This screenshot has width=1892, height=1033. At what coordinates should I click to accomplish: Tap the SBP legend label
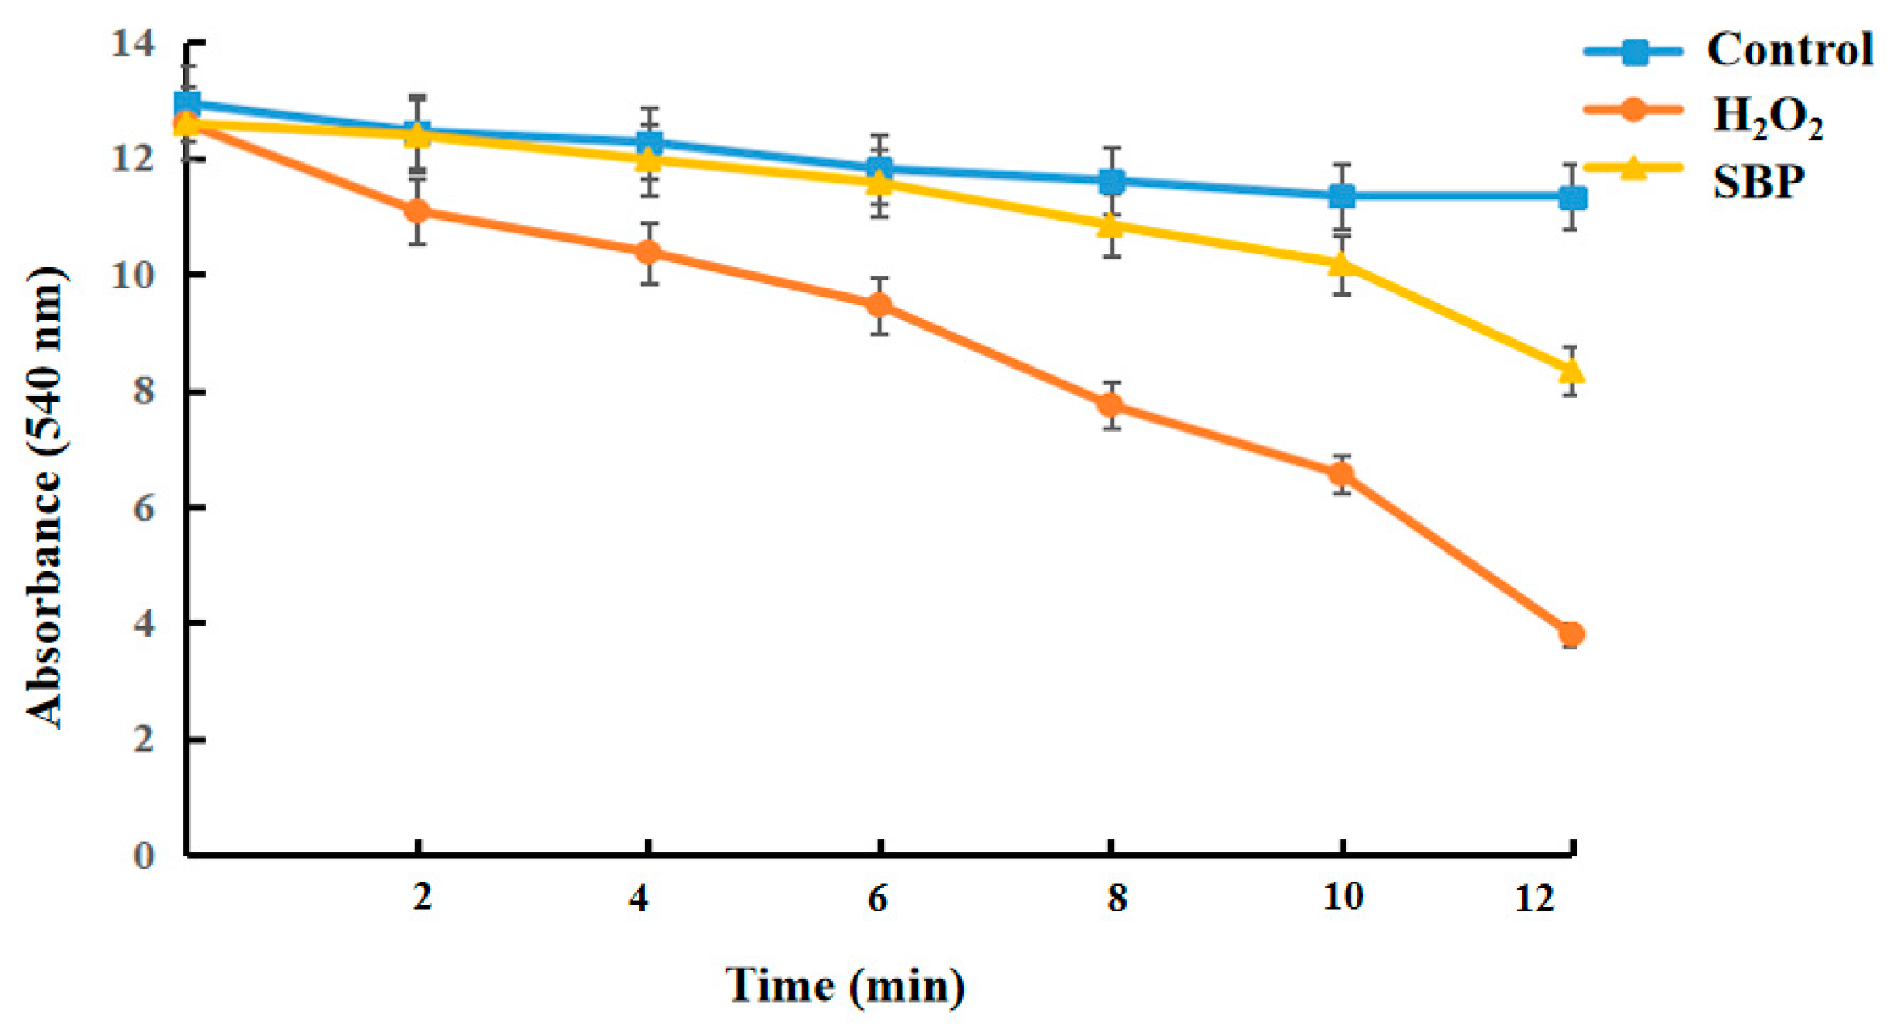pos(1759,180)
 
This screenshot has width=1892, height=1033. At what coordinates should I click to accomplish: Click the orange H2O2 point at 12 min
pos(1571,634)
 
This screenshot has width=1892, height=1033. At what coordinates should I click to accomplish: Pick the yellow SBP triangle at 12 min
pos(1571,371)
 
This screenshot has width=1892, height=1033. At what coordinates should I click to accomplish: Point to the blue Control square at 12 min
pos(1572,198)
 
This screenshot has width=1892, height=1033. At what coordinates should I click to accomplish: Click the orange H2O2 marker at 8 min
pos(1111,405)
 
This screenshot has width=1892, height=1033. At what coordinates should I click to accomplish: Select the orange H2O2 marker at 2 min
pos(417,210)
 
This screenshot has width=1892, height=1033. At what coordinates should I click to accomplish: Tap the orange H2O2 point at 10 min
pos(1341,474)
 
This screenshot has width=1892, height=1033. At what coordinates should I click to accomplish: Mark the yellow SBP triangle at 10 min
pos(1341,265)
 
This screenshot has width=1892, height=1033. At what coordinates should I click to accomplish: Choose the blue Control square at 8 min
pos(1111,181)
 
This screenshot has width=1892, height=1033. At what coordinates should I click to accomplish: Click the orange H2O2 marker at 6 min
pos(880,304)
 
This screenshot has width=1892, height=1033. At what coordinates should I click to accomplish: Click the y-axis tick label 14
pos(134,44)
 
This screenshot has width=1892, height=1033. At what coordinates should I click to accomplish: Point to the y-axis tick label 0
pos(144,855)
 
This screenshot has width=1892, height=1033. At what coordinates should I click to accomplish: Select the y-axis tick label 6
pos(144,508)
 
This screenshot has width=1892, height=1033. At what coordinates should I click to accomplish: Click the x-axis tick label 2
pos(422,897)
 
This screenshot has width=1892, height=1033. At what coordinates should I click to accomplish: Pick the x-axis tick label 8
pos(1116,898)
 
